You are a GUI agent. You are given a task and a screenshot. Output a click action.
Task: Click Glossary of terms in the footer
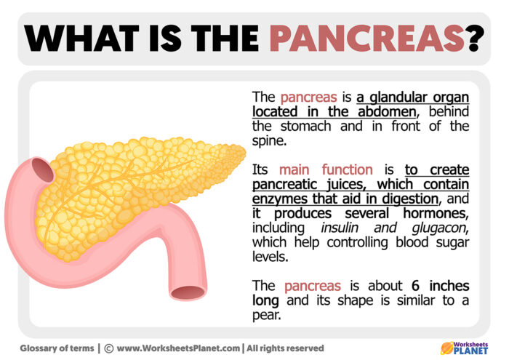click(x=56, y=348)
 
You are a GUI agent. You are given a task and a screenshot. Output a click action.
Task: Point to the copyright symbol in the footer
click(x=108, y=348)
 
